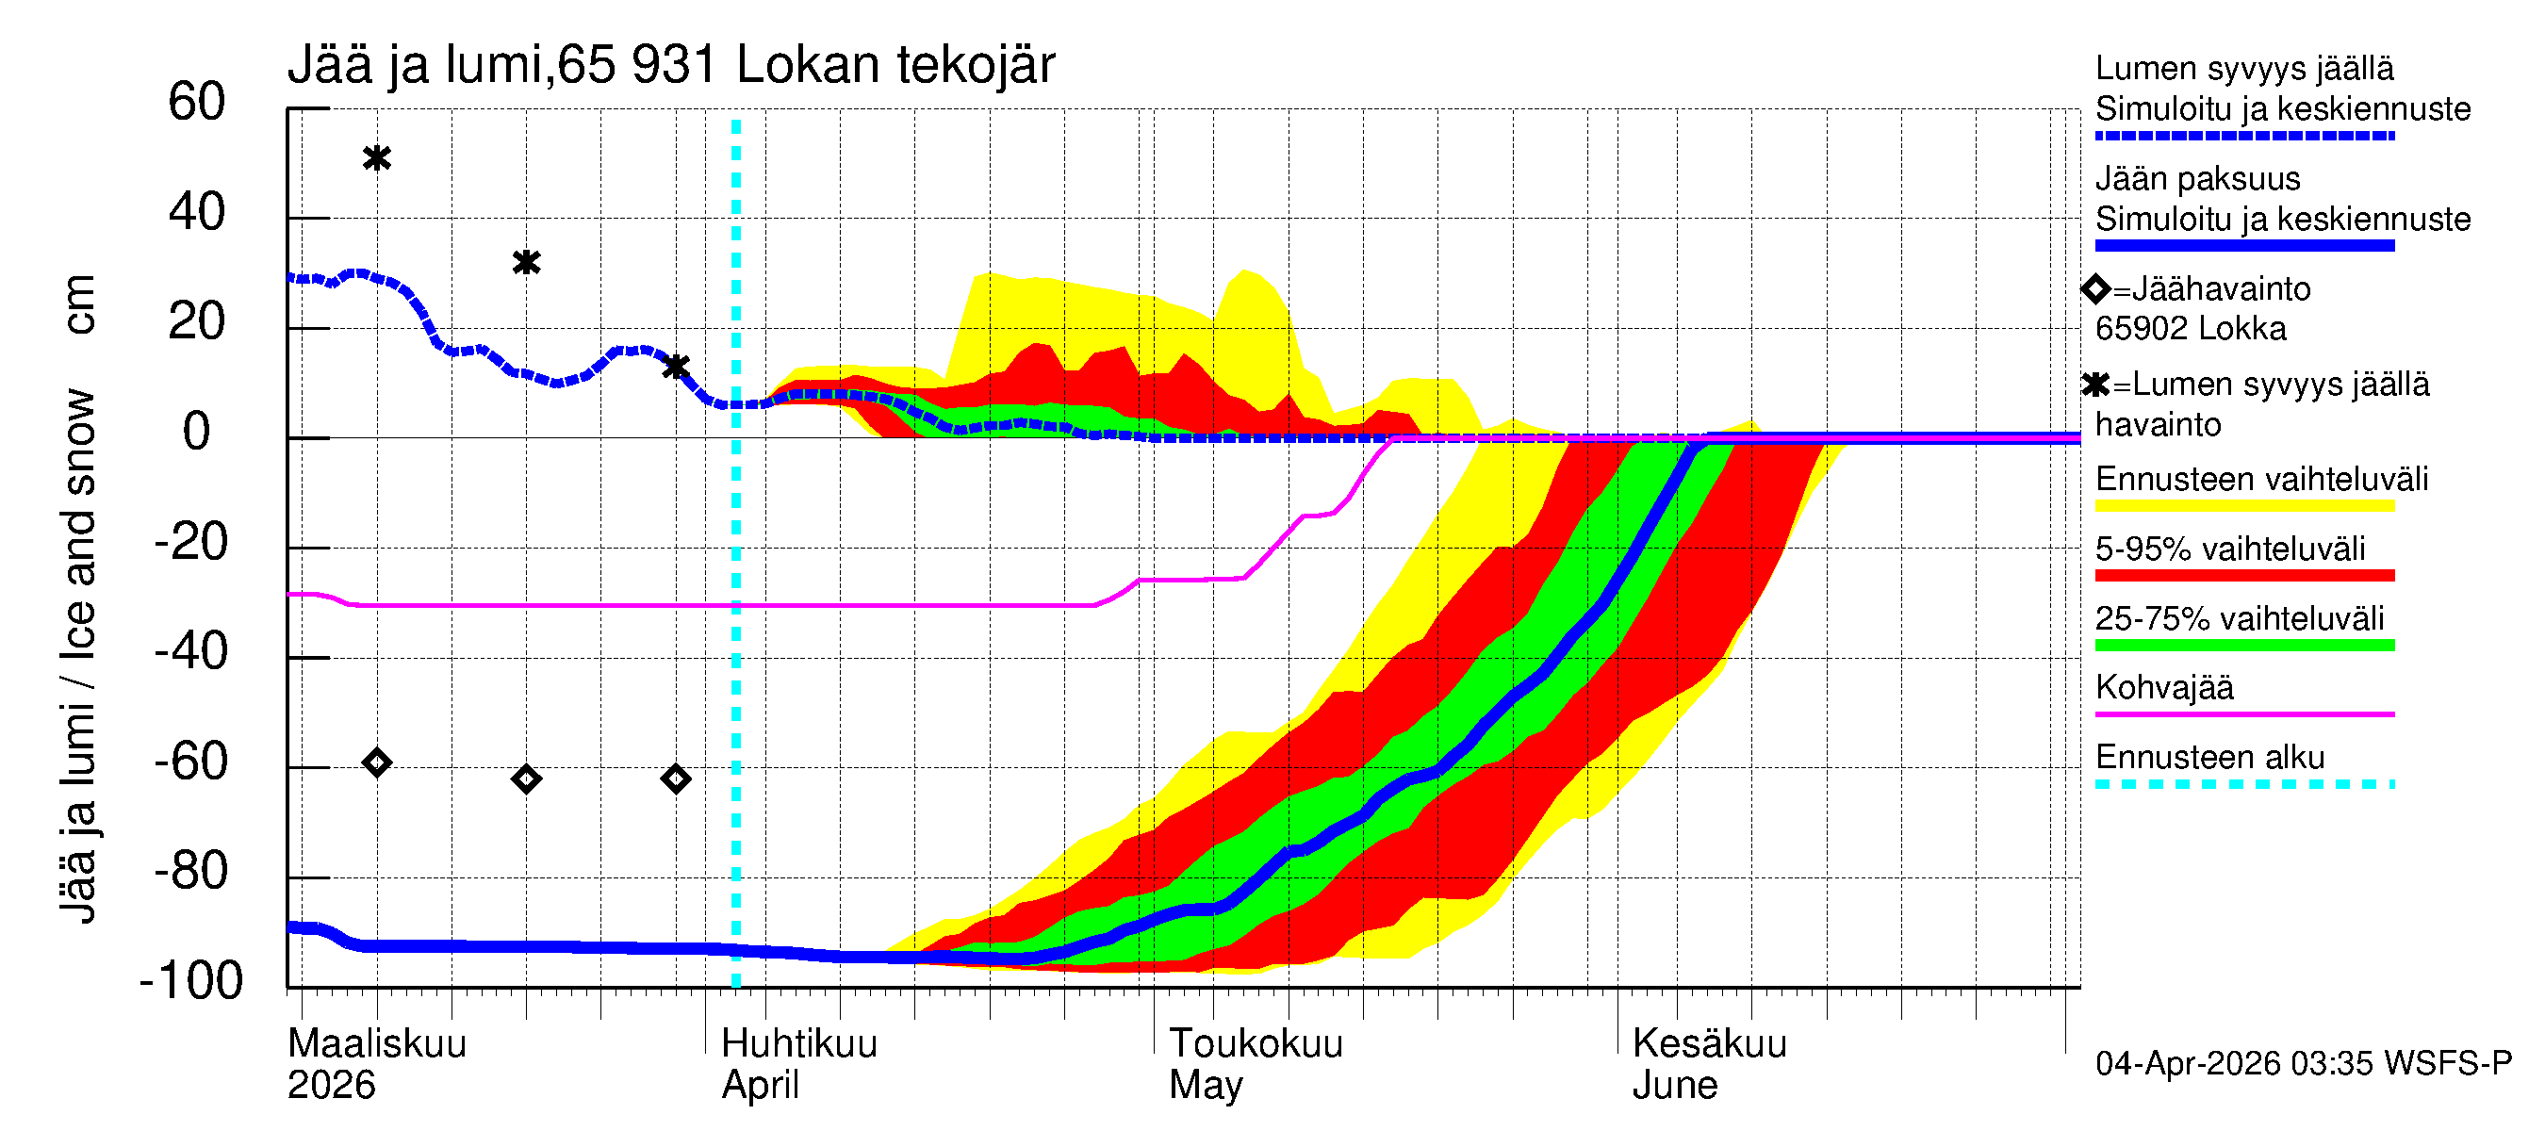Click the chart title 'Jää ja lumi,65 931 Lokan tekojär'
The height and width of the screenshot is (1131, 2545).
pos(671,65)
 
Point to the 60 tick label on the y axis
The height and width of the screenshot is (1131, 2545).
pos(197,103)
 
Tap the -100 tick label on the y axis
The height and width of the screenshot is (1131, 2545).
pos(191,982)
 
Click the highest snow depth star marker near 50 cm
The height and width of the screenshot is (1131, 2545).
pos(376,158)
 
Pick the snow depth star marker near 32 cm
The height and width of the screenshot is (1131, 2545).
pos(527,263)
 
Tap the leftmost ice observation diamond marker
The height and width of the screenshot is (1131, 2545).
pos(376,762)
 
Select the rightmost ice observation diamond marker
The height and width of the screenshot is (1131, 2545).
pos(676,779)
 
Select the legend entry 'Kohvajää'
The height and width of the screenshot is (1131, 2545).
pos(2163,687)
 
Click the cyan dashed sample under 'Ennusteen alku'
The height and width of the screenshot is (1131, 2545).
pos(2243,785)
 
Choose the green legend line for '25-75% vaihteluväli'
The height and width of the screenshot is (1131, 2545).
pos(2243,646)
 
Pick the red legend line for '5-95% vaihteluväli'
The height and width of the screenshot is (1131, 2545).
pos(2243,576)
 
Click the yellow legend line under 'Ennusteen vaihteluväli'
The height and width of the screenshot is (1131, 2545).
pos(2243,506)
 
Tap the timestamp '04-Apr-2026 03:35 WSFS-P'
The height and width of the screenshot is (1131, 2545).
pos(2303,1064)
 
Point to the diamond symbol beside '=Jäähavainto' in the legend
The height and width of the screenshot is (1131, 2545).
pos(2095,289)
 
